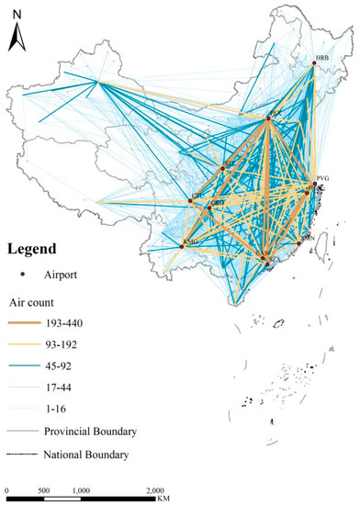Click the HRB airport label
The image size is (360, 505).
tap(321, 58)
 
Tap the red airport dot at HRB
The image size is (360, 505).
tap(314, 63)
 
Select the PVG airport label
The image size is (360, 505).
tap(321, 178)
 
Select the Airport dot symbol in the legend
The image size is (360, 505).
tap(20, 274)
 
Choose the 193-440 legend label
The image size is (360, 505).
tap(69, 320)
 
